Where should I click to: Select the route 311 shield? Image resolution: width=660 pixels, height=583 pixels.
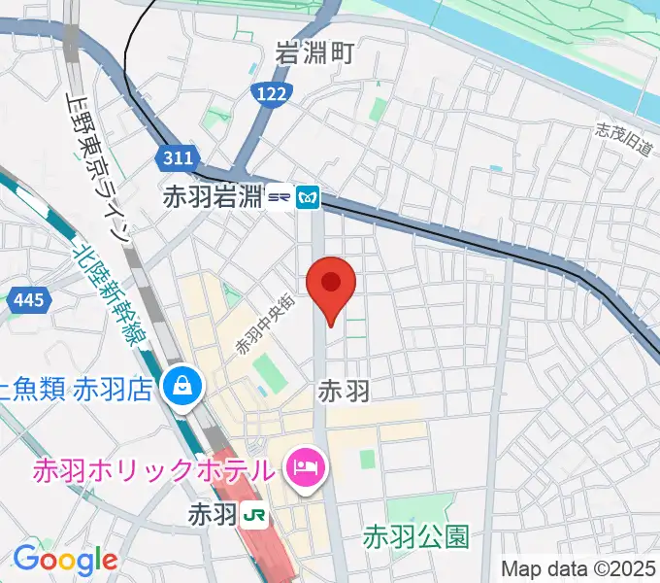[x=178, y=157]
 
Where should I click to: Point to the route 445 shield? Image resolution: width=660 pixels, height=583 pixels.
[x=27, y=301]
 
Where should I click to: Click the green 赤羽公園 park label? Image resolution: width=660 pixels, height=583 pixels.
[x=416, y=535]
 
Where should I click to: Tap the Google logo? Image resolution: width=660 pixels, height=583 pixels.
[x=65, y=560]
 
